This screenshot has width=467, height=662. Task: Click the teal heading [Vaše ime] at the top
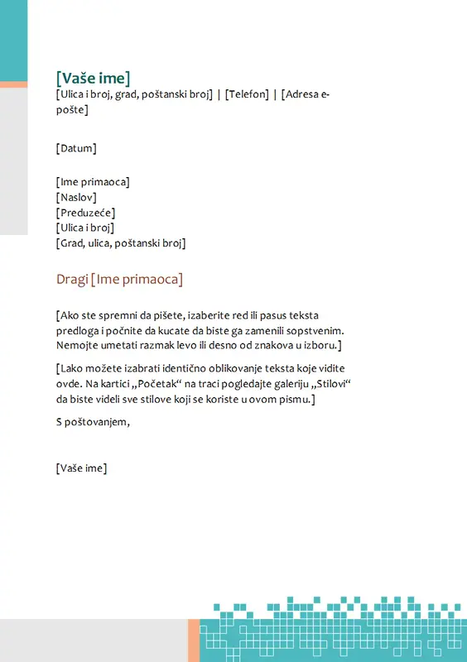coord(94,79)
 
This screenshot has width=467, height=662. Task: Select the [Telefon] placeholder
coord(248,95)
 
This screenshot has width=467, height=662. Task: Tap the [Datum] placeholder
coord(76,149)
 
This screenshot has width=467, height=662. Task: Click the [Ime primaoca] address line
coord(93,182)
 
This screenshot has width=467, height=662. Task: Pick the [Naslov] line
coord(76,198)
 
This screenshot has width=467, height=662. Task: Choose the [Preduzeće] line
coord(85,213)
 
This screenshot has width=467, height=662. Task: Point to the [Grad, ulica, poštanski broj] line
coord(121,243)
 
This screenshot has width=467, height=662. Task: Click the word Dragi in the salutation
coord(71,280)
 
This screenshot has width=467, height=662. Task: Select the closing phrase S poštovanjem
coord(93,423)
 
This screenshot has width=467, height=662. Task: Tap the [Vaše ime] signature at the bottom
coord(81,468)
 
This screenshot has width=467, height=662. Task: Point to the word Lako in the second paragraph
coord(75,368)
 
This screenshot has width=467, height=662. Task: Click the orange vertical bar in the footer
coord(194,640)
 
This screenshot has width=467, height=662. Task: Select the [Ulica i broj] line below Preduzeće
coord(84,228)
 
